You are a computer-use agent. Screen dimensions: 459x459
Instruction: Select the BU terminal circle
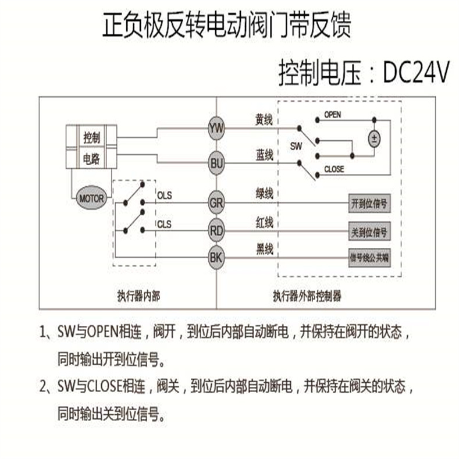coord(216,162)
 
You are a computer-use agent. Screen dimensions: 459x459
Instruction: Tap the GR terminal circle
coord(216,204)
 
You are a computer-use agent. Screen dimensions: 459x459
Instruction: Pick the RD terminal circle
coord(216,231)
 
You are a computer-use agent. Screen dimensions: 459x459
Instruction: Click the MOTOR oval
coord(91,198)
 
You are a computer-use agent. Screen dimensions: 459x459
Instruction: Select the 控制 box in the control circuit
coord(92,138)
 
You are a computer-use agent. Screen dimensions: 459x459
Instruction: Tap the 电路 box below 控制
coord(92,157)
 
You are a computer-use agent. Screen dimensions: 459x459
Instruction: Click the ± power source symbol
coord(375,138)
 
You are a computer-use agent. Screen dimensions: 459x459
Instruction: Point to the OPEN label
coord(332,115)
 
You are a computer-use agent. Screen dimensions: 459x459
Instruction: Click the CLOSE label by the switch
coord(334,169)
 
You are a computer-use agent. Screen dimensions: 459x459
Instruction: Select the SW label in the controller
coord(296,148)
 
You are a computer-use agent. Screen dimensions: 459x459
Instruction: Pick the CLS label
coord(165,224)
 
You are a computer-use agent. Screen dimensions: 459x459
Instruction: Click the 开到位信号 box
coord(369,204)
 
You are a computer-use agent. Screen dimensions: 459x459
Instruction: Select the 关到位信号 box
coord(369,231)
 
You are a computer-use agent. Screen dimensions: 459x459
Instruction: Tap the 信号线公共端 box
coord(369,257)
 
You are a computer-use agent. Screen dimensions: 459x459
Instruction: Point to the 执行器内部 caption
coord(138,296)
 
